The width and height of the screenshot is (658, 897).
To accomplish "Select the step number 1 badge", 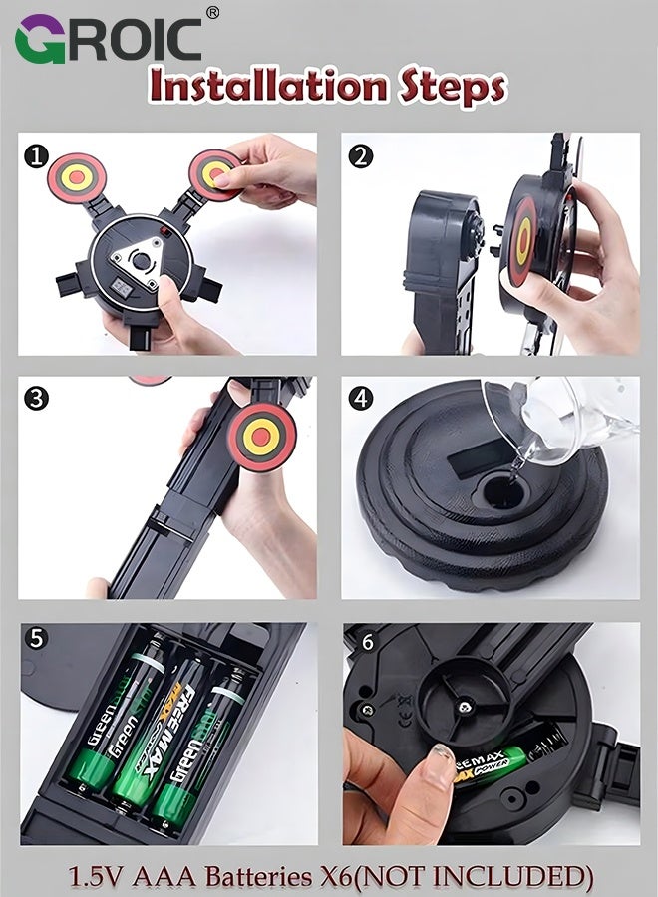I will tap(38, 155).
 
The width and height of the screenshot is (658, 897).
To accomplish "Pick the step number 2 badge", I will tap(361, 155).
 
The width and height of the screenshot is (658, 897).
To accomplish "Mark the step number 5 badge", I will tap(38, 639).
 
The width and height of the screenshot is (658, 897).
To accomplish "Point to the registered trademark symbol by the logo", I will tap(211, 12).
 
